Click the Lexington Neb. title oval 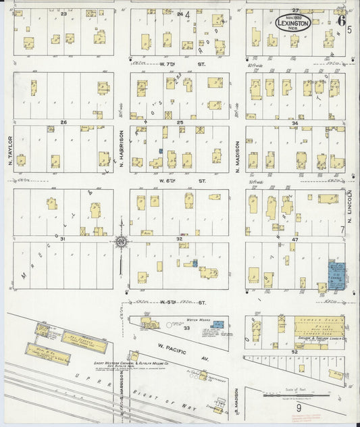(292, 22)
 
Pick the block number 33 (186, 328)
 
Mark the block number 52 (294, 352)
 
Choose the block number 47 (294, 240)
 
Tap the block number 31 (63, 240)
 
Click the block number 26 (63, 122)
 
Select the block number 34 (294, 122)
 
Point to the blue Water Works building (217, 324)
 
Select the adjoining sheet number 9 (297, 408)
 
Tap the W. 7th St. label (173, 65)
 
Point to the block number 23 (63, 13)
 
